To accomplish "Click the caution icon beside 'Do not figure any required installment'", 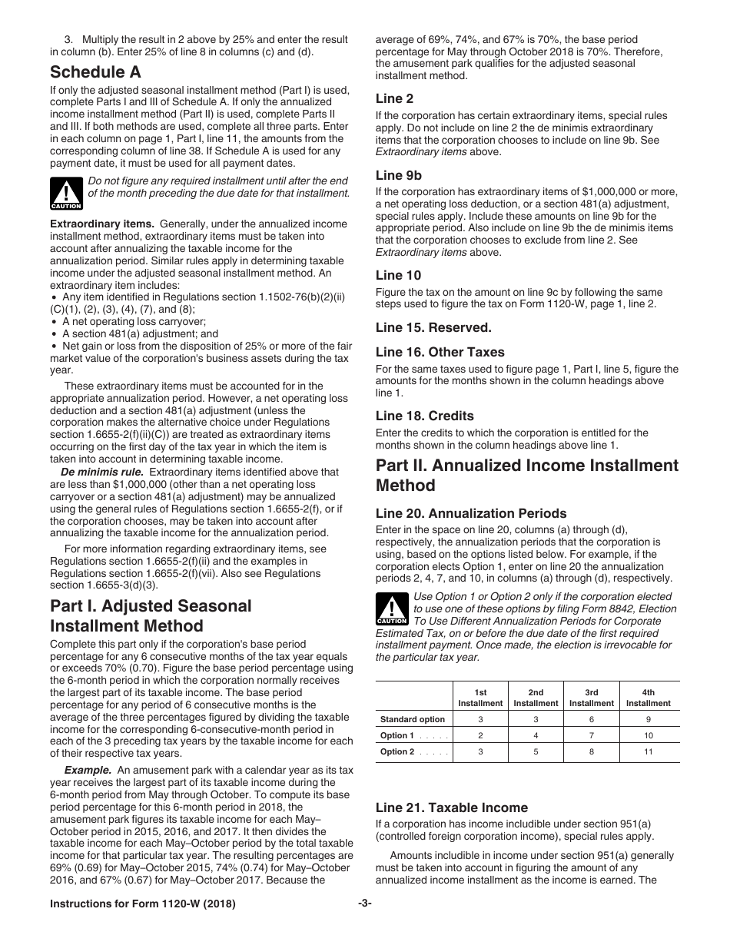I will coord(66,194).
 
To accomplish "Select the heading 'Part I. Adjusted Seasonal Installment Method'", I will coord(151,615).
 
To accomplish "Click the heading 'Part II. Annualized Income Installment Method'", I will coord(526,475).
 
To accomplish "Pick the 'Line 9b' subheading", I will coord(398,175).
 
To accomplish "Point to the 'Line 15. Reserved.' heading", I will coord(433,327).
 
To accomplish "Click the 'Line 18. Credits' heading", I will coord(424,416).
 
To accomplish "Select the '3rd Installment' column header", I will coord(591,698).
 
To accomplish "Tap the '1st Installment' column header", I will coord(480,698).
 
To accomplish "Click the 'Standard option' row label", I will coord(413,720).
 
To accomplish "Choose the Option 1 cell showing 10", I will coord(648,736).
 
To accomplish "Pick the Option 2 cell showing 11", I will coord(648,752).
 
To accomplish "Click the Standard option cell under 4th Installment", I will coord(648,720).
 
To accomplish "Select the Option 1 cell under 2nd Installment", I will coord(536,736).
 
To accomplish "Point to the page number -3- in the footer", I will coord(364,904).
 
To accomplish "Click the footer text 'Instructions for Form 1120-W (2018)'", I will coord(142,904).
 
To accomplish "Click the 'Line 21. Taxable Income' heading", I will coord(451,807).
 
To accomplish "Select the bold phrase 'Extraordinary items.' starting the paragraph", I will coord(101,224).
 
